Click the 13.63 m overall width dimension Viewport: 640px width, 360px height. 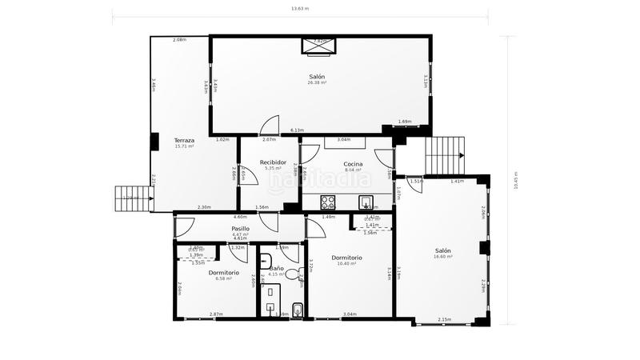point(299,9)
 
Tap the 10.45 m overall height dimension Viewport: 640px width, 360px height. point(516,179)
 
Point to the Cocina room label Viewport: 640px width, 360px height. point(353,163)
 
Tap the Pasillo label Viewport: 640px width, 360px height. point(240,229)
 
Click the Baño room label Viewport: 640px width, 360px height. point(276,268)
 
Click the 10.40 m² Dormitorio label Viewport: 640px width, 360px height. point(350,258)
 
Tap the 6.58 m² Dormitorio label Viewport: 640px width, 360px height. point(220,273)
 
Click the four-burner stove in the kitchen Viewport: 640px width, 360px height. point(327,202)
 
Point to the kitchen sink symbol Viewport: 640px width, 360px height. point(366,202)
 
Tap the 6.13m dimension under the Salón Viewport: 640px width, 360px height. point(297,130)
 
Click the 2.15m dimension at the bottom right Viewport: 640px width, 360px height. point(444,320)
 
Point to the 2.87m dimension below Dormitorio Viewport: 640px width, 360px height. point(215,314)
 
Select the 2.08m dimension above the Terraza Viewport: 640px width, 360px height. point(179,40)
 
